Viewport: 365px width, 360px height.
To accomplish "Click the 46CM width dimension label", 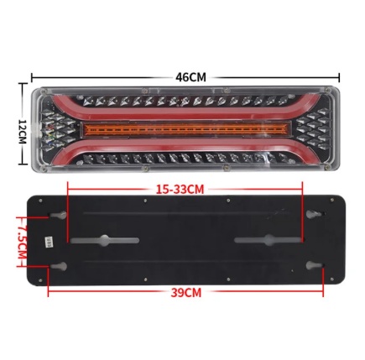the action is pyautogui.click(x=190, y=77).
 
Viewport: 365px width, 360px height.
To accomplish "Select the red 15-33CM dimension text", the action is pyautogui.click(x=180, y=190).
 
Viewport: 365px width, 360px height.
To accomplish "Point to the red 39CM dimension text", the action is pyautogui.click(x=186, y=293).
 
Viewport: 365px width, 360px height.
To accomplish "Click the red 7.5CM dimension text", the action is pyautogui.click(x=22, y=242).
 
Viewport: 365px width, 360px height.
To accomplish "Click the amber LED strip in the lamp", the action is pyautogui.click(x=185, y=129).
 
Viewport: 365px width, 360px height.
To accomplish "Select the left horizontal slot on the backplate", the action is pyautogui.click(x=105, y=241).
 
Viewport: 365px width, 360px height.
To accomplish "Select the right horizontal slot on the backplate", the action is pyautogui.click(x=268, y=240).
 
